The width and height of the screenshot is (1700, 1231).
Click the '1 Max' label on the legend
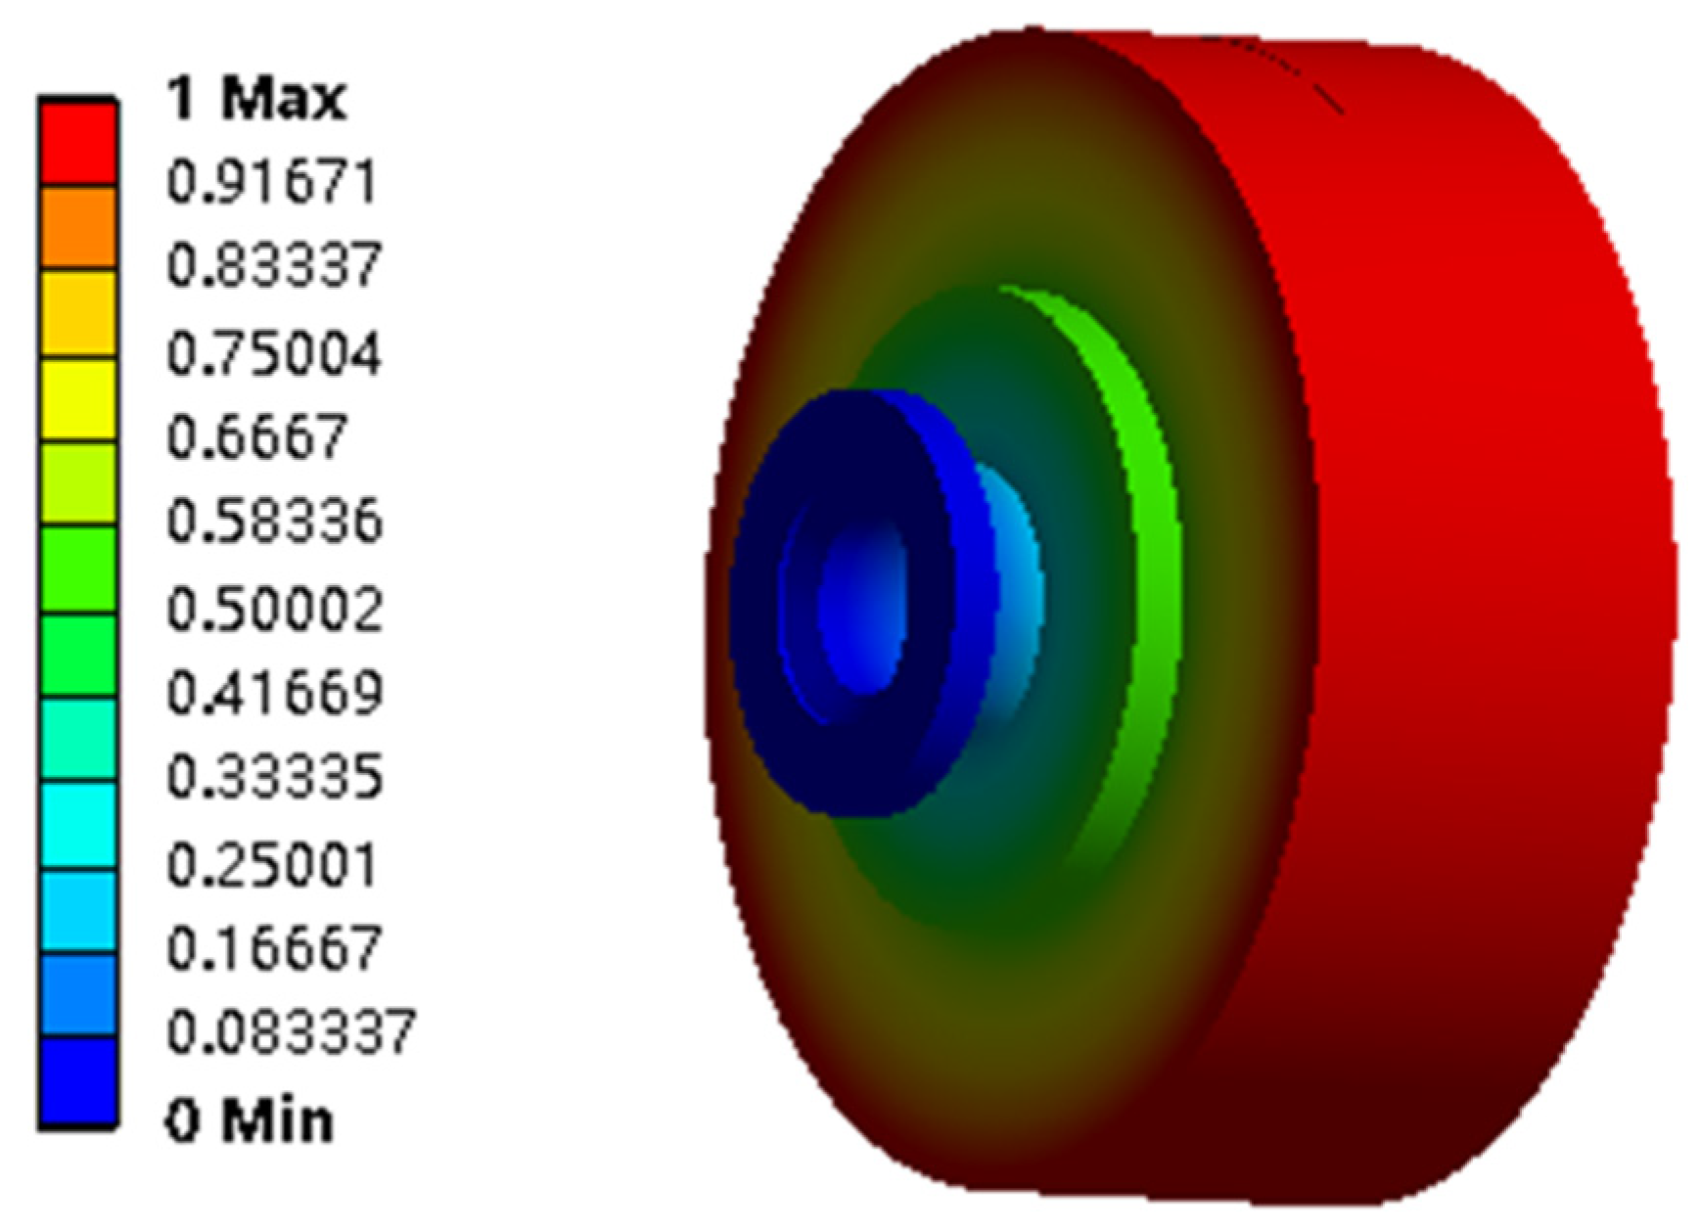click(256, 99)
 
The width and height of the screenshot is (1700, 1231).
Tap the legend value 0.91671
click(272, 183)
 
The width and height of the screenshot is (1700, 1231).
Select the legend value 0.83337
click(273, 266)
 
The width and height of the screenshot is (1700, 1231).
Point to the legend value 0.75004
click(273, 353)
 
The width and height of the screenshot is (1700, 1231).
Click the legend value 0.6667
click(257, 436)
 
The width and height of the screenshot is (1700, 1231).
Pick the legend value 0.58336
click(274, 522)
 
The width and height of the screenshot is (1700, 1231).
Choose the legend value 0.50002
click(274, 609)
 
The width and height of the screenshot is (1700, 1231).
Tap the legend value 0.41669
click(274, 693)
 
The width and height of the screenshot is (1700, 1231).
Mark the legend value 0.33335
click(274, 778)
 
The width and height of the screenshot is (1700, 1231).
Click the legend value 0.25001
click(272, 865)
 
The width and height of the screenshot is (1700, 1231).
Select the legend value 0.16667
click(273, 948)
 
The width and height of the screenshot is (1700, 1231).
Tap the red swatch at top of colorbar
click(77, 143)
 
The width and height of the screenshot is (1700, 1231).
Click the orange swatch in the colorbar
click(77, 227)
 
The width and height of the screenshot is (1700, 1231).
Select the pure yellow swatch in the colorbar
click(77, 398)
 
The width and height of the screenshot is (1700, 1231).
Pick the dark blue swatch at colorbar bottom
click(77, 1081)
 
